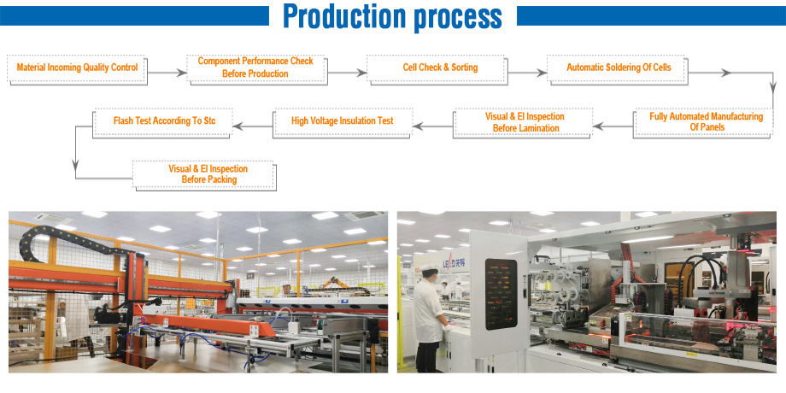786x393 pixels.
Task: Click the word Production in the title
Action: point(344,16)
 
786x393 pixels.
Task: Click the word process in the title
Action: point(455,16)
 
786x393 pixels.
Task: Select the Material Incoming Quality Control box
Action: point(77,67)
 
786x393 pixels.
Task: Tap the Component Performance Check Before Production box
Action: point(255,67)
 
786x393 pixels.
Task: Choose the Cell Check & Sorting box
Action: point(440,67)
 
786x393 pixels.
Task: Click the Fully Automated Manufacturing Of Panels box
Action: point(706,121)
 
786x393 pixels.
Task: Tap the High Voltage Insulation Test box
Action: point(342,121)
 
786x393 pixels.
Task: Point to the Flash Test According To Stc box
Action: point(164,121)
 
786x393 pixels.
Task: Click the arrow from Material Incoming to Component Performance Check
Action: point(167,73)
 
